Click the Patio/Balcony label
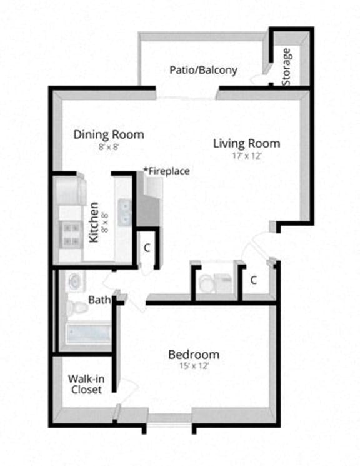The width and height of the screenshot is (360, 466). pyautogui.click(x=203, y=69)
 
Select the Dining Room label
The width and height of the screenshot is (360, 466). pyautogui.click(x=109, y=134)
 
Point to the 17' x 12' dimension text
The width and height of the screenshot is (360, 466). pyautogui.click(x=246, y=156)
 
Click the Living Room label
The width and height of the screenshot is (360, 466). pyautogui.click(x=246, y=143)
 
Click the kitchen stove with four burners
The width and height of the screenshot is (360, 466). pyautogui.click(x=71, y=234)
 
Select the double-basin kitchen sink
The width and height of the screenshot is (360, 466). pyautogui.click(x=126, y=211)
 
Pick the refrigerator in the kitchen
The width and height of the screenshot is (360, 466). pyautogui.click(x=71, y=191)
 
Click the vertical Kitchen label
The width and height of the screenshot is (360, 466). pyautogui.click(x=94, y=222)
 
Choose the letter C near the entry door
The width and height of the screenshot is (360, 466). pyautogui.click(x=254, y=280)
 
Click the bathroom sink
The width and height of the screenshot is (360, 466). pyautogui.click(x=74, y=281)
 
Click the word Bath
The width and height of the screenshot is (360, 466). pyautogui.click(x=99, y=300)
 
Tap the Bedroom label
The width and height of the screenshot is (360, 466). pyautogui.click(x=194, y=355)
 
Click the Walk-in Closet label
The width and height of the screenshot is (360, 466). pyautogui.click(x=86, y=383)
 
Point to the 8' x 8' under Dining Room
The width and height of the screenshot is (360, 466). pyautogui.click(x=109, y=147)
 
